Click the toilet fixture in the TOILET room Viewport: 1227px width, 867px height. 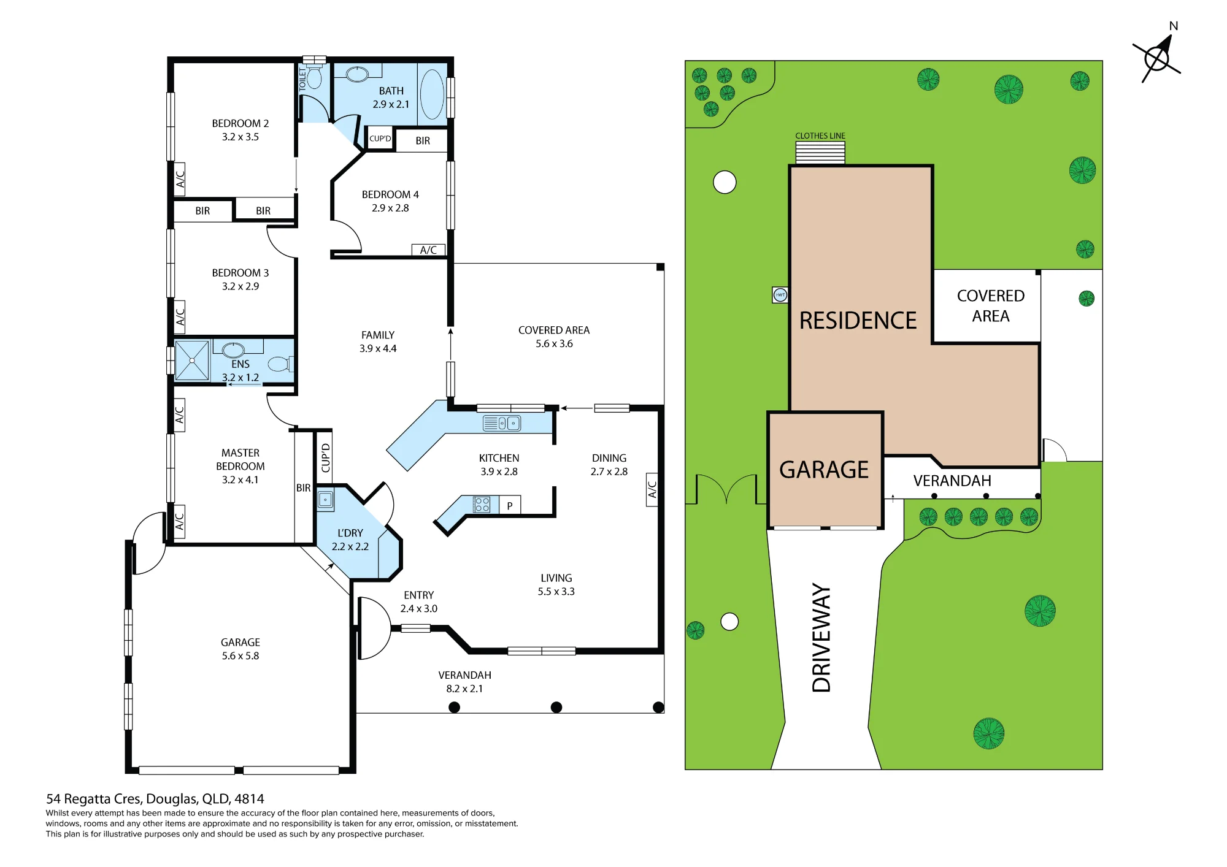314,77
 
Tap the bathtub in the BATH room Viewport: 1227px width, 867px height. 432,94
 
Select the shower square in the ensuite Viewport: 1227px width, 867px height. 192,361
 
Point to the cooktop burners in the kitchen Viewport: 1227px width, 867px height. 482,505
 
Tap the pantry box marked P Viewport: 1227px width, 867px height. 509,505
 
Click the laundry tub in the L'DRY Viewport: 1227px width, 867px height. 325,500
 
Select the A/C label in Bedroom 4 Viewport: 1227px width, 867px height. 428,250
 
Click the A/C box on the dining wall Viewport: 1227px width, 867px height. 652,489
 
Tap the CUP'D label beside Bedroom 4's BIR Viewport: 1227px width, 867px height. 380,139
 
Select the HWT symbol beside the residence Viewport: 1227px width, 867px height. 780,295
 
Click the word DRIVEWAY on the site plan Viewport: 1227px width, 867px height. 821,638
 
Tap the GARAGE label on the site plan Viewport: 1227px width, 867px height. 824,470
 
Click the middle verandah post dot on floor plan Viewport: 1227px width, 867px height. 556,707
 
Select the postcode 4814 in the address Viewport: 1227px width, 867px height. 249,799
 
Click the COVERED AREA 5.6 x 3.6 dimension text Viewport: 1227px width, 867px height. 554,343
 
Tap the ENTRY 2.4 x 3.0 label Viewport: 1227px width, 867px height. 419,602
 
